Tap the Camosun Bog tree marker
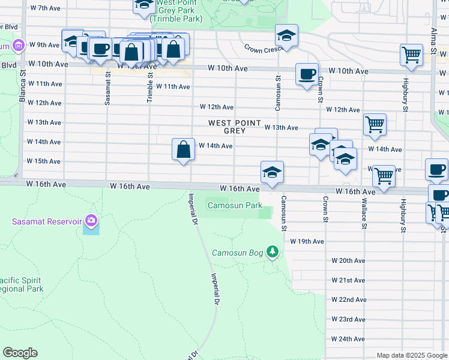pos(273,251)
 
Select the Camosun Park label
pos(235,206)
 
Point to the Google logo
pos(20,353)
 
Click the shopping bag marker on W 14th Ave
pos(184,149)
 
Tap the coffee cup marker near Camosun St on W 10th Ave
pos(307,74)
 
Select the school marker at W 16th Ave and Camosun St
pos(272,172)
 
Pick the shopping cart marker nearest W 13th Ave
pos(375,125)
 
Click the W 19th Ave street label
pos(307,241)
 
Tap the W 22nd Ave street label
pos(349,299)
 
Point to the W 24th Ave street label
pos(349,339)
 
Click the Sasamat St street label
pos(107,89)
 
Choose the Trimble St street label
pos(149,85)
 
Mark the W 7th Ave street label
pos(44,8)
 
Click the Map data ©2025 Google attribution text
pos(412,355)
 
